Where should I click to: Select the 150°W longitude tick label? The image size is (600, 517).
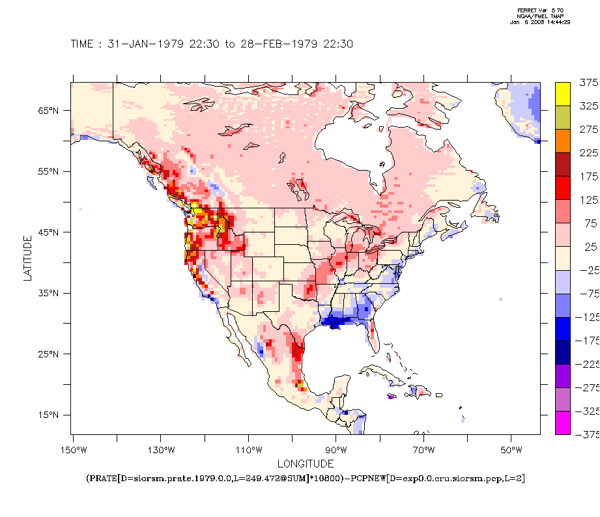tap(74, 450)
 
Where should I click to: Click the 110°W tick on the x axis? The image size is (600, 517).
tap(249, 450)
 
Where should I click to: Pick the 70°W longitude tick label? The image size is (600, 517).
tap(424, 450)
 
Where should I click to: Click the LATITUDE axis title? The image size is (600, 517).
tap(27, 258)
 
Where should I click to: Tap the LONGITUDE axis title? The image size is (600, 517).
tap(306, 464)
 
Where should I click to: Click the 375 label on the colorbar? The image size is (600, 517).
tap(588, 82)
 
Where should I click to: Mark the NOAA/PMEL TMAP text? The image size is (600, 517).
tap(540, 16)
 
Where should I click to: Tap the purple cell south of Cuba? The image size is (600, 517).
tap(391, 397)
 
